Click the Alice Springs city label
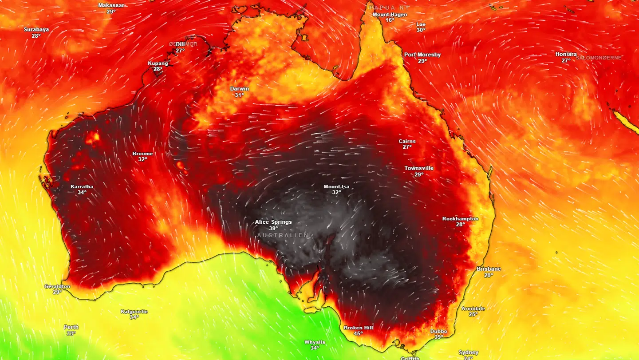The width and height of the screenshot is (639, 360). click(x=273, y=222)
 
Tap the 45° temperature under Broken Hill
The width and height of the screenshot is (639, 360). click(x=358, y=334)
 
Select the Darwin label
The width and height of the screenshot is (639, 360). click(x=239, y=89)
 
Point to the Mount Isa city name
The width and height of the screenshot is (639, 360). click(x=336, y=187)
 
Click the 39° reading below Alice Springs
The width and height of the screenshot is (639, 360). click(x=273, y=228)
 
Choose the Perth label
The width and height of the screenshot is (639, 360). click(x=71, y=327)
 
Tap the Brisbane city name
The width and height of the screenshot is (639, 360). click(x=489, y=269)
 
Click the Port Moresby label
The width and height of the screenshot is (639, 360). click(x=422, y=55)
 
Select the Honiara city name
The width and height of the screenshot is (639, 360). click(x=566, y=54)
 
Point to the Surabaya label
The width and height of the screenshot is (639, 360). click(x=36, y=29)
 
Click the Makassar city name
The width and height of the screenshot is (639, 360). click(x=111, y=5)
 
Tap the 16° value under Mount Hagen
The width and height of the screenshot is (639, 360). click(x=390, y=20)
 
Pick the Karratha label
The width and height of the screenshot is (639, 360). click(x=82, y=186)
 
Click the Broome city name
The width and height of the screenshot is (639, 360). click(x=142, y=154)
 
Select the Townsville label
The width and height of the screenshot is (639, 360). click(x=419, y=168)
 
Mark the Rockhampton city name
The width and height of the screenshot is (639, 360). click(x=460, y=219)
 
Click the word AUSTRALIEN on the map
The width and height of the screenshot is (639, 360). click(x=283, y=235)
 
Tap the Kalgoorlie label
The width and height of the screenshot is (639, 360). click(x=134, y=312)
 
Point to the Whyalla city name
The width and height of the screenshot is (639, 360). click(x=315, y=342)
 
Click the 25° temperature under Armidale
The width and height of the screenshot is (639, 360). click(x=473, y=314)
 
